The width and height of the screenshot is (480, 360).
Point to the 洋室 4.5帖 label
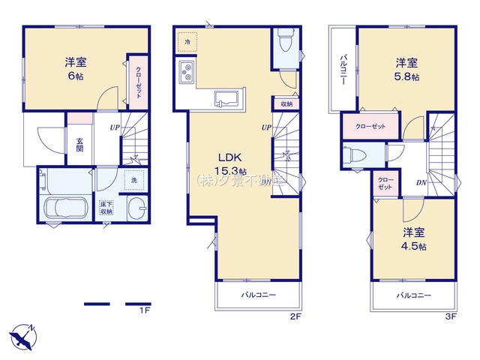tap(412, 239)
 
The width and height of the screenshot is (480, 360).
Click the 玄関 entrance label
tap(79, 143)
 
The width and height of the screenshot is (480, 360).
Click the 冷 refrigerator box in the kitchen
tap(187, 42)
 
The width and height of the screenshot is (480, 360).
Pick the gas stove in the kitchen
tap(187, 73)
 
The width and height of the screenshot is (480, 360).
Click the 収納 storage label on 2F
tap(286, 104)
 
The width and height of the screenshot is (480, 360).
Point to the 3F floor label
tap(450, 317)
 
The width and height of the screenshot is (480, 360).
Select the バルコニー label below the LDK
tap(258, 295)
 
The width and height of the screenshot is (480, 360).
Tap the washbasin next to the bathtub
tap(136, 210)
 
